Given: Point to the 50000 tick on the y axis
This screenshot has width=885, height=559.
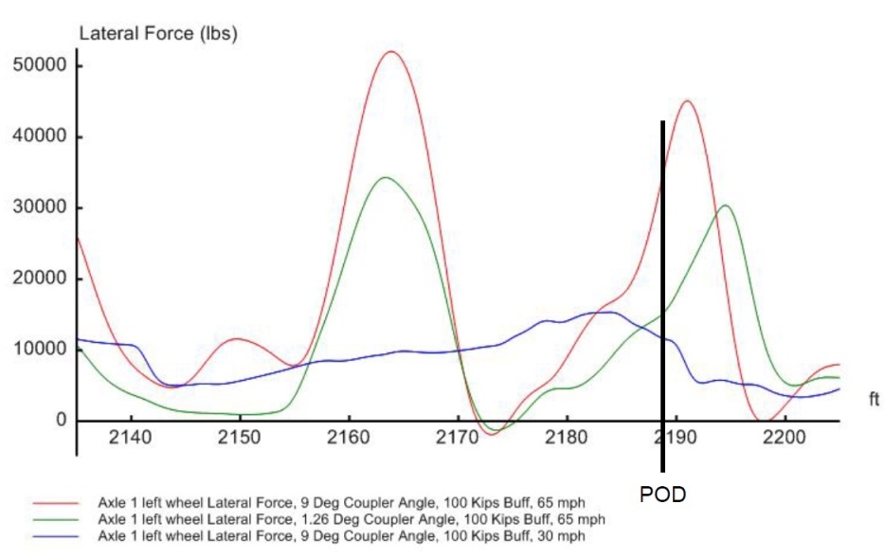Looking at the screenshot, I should (41, 66).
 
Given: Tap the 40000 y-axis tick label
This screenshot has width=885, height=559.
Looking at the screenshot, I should (41, 137).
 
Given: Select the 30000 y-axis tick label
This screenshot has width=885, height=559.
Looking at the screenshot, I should (41, 208).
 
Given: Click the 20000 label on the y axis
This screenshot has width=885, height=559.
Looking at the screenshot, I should (41, 279).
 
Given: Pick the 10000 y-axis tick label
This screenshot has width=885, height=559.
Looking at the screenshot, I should (41, 350).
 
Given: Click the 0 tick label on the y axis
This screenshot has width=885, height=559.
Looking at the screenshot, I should (59, 421).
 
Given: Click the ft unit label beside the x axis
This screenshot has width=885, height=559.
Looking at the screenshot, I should (874, 401).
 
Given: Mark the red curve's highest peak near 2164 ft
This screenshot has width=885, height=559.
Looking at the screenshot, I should (390, 51).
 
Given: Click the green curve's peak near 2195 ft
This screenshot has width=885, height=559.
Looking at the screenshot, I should (725, 206).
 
